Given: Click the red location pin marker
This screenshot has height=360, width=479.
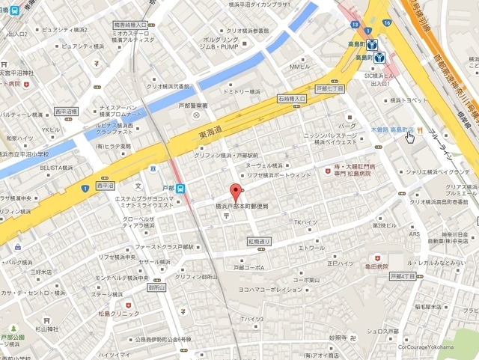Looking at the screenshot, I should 235,192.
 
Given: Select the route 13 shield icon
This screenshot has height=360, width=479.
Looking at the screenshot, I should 353,25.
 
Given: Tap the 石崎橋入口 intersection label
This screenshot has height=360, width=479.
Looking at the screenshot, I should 292,98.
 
